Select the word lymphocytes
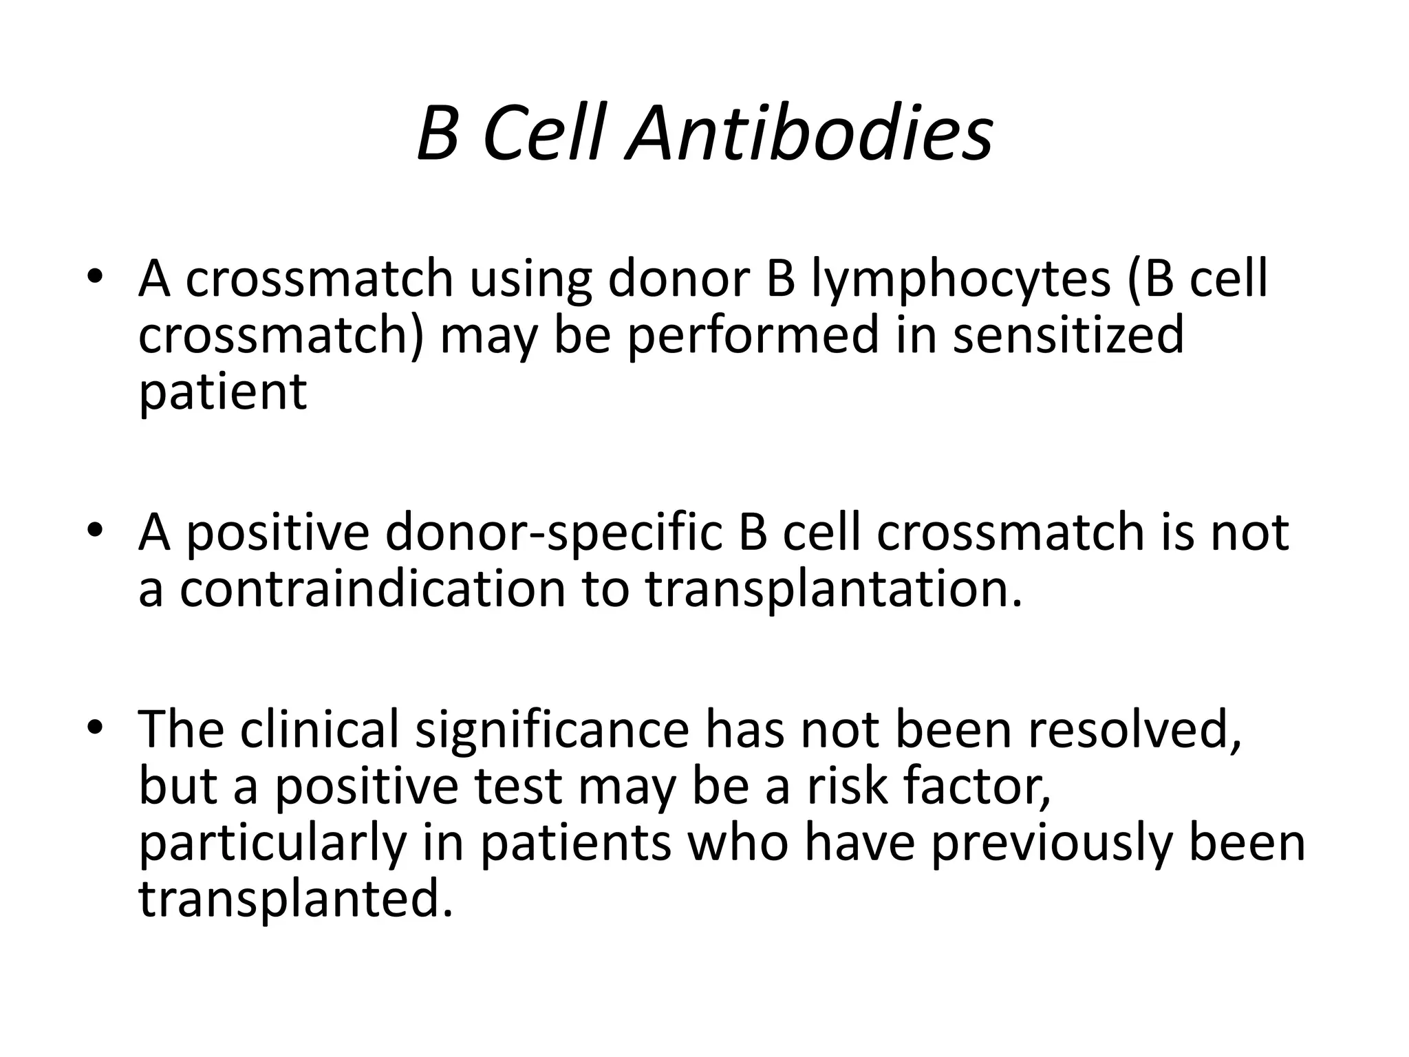959,281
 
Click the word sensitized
1068,335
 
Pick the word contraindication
372,589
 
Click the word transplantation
833,590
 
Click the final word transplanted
296,899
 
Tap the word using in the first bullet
530,281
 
